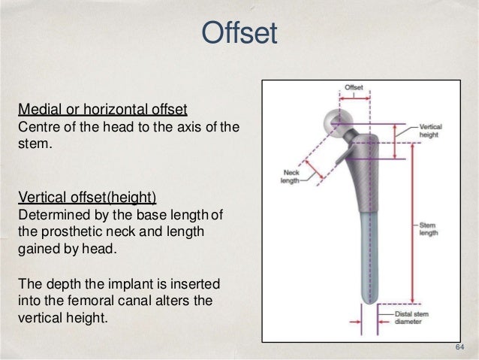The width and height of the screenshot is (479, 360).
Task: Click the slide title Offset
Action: click(x=239, y=33)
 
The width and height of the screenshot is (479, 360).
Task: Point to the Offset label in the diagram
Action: click(x=354, y=88)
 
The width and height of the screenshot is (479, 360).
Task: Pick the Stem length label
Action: click(x=429, y=229)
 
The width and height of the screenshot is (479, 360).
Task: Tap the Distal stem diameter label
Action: click(x=418, y=317)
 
